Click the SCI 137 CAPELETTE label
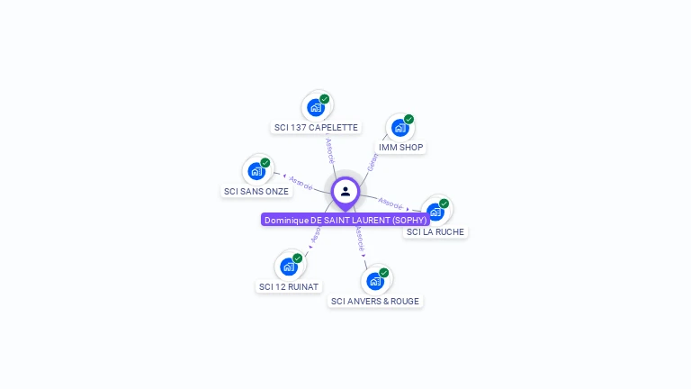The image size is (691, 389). click(x=316, y=128)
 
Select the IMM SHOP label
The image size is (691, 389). click(x=400, y=147)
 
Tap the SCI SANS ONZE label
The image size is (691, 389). click(x=256, y=191)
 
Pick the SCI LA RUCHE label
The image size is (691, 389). click(x=435, y=231)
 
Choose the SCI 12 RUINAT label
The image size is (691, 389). click(x=288, y=286)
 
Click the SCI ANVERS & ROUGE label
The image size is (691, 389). click(x=374, y=301)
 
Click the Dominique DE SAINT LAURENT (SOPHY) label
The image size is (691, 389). click(x=345, y=220)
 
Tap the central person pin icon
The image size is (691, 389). click(x=345, y=191)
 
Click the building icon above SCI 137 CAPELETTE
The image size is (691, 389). click(x=315, y=107)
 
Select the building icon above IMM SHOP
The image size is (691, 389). click(x=399, y=128)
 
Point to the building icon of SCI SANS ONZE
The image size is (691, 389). click(x=256, y=170)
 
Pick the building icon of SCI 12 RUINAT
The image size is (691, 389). click(x=288, y=266)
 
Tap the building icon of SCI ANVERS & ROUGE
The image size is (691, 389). click(x=375, y=281)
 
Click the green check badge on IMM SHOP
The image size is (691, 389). click(x=408, y=119)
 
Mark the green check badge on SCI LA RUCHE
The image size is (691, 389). click(x=444, y=204)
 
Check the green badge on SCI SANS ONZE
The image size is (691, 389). click(x=265, y=163)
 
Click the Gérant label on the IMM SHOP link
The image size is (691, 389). click(x=372, y=162)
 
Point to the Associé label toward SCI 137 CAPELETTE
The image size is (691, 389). click(x=330, y=149)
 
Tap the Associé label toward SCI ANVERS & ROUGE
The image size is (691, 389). click(x=359, y=239)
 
